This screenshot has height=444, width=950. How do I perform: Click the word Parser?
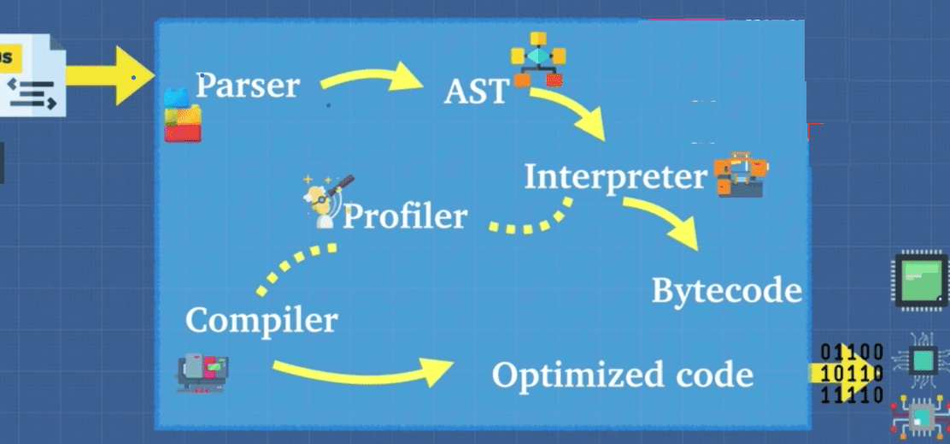(248, 86)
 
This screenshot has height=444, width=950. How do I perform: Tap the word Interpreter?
(615, 177)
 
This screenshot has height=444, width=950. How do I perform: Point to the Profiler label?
(405, 216)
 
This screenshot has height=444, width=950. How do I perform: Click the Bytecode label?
(726, 291)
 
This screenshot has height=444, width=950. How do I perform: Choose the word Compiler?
(261, 321)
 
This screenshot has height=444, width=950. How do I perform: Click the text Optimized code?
(622, 375)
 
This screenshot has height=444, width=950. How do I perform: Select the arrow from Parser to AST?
(372, 80)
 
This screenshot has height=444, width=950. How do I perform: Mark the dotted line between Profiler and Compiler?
(294, 266)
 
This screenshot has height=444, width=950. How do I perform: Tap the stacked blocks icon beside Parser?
(182, 115)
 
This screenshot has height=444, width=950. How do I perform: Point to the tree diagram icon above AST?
(538, 59)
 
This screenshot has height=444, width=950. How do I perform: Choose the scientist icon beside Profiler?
(325, 201)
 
